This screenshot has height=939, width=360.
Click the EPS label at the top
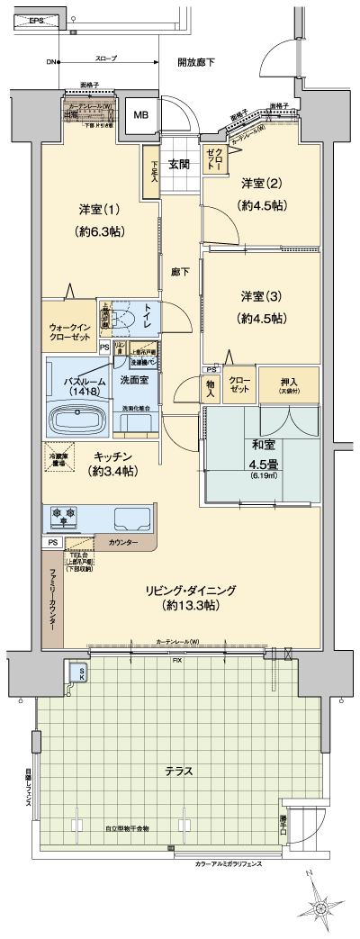[x=35, y=20]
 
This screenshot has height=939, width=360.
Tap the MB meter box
[x=140, y=115]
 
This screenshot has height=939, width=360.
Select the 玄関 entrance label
[x=178, y=165]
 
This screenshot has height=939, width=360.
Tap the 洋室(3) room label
[x=262, y=305]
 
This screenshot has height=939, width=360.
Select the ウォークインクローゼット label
[x=69, y=330]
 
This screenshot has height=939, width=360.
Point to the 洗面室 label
[x=136, y=381]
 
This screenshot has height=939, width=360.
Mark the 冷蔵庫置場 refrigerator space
[x=58, y=456]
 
